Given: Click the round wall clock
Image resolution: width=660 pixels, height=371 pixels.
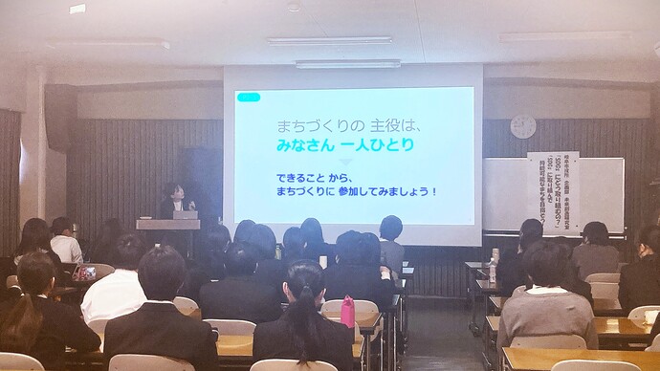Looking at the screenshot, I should tap(522, 126).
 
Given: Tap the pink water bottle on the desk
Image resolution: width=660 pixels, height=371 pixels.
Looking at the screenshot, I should tap(347, 311).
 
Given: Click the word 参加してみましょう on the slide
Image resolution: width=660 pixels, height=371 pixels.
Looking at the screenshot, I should tap(386, 190).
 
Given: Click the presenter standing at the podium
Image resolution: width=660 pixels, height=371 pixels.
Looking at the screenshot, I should tap(172, 200).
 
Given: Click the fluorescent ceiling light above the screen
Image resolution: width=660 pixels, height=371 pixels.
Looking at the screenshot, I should tap(347, 64).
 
